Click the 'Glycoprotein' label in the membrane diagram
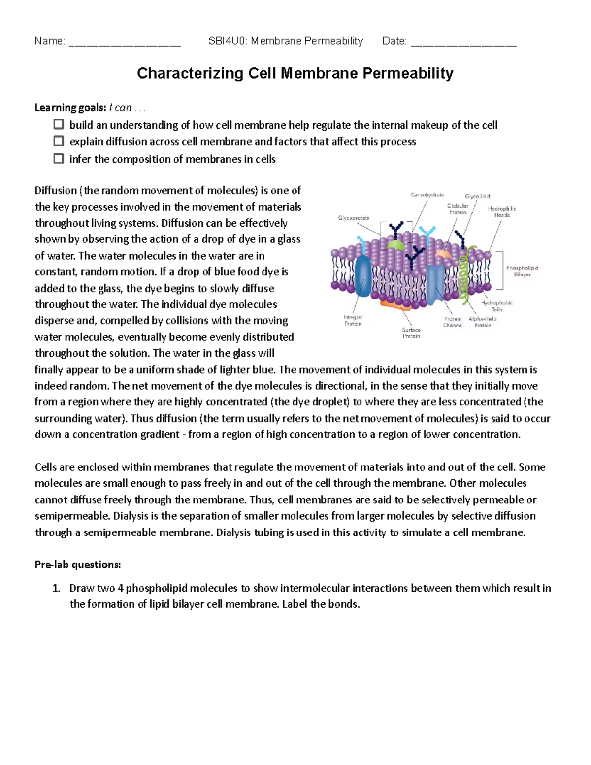tap(354, 218)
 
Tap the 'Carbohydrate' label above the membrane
tap(427, 195)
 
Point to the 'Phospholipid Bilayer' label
tap(522, 271)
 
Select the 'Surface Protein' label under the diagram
tap(411, 333)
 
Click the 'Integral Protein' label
tap(353, 321)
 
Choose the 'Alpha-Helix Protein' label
tap(483, 322)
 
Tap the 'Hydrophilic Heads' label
tap(502, 212)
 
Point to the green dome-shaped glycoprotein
tap(395, 245)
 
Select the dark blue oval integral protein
tap(363, 276)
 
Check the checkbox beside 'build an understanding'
tap(59, 124)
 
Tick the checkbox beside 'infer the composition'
tap(59, 159)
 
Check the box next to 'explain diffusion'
tap(59, 141)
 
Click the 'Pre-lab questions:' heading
tap(78, 565)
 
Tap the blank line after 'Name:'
tap(125, 42)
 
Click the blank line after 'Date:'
tap(463, 42)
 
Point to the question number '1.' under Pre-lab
tap(56, 588)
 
